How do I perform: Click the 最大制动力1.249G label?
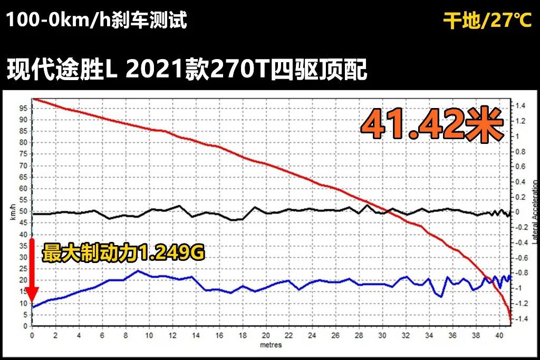pos(123,254)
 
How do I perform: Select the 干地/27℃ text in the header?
pos(487,21)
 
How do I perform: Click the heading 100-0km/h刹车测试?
pos(97,21)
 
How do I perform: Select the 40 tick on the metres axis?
pos(499,336)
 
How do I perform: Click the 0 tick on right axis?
pos(517,212)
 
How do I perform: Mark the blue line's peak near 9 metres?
pos(138,271)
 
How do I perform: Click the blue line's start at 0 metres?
pos(33,307)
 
